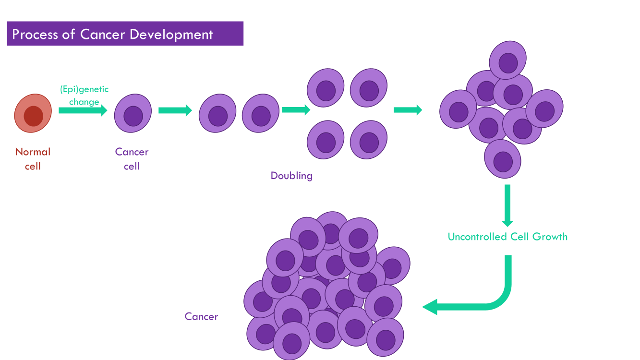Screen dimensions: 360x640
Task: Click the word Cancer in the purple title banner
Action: point(103,35)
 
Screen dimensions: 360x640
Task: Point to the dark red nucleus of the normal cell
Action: point(34,116)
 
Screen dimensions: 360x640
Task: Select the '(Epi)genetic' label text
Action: point(84,89)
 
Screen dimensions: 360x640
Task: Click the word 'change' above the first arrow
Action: point(84,102)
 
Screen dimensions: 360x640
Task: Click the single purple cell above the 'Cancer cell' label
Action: point(133,113)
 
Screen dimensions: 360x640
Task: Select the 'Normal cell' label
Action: point(33,159)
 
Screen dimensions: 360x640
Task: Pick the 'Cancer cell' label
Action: point(132,159)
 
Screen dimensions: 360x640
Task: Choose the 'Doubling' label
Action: point(291,176)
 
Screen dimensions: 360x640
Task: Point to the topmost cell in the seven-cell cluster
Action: point(507,60)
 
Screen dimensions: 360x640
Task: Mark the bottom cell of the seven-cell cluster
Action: point(503,159)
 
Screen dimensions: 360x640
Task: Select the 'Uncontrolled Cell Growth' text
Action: point(507,237)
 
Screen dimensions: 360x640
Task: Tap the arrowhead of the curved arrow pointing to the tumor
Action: point(430,307)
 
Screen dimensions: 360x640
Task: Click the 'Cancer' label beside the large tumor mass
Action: point(201,317)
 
